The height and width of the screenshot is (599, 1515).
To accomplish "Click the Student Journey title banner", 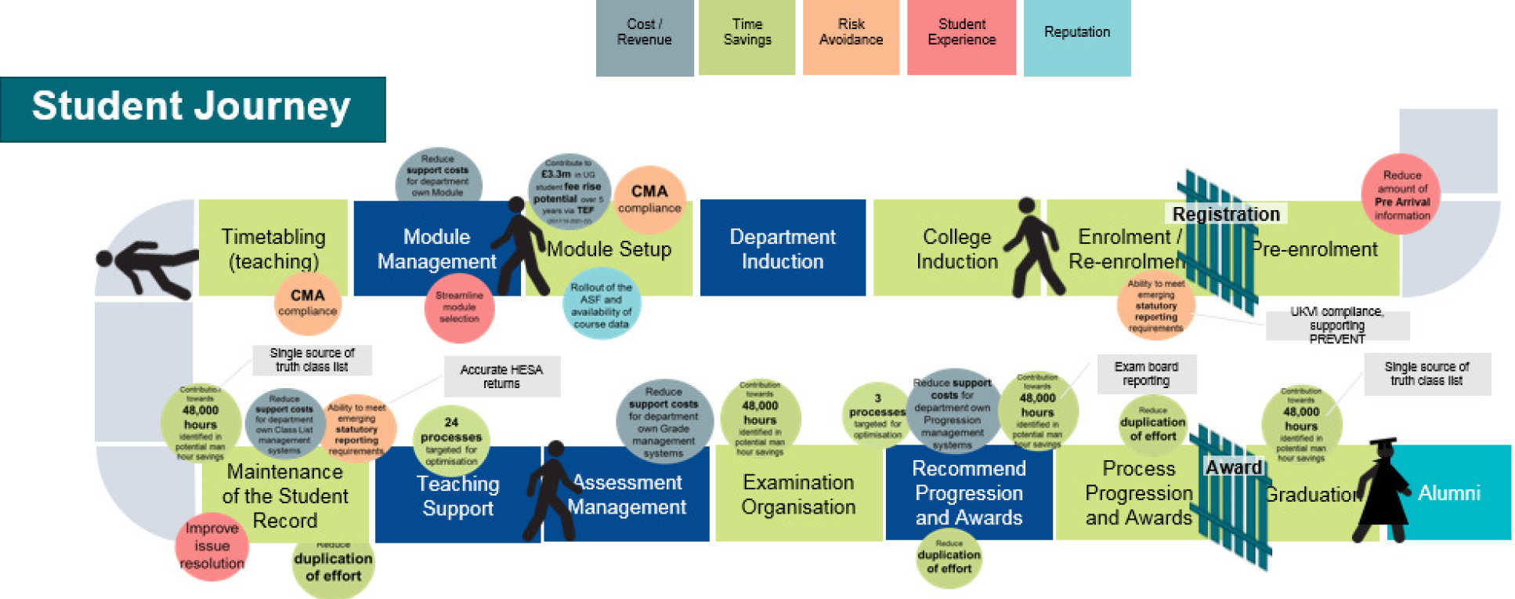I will tap(193, 109).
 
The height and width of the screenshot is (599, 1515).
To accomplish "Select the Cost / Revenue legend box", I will tap(644, 37).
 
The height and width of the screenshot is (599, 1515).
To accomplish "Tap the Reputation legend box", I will tap(1076, 37).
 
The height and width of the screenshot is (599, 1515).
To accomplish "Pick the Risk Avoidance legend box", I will tap(851, 37).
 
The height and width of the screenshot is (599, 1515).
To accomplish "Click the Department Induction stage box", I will tap(782, 249).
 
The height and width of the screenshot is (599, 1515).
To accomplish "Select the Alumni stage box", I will tap(1449, 492).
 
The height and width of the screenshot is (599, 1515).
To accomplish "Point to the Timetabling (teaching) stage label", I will tap(273, 248).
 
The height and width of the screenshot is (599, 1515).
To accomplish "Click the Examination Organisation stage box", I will tap(798, 494).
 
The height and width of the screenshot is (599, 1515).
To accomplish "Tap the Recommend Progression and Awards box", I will tap(968, 492).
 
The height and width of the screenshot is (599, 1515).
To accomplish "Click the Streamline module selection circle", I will tap(459, 307).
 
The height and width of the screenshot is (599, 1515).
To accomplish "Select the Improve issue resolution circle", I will tap(212, 546).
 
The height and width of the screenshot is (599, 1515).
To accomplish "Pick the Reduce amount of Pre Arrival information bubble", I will tap(1401, 194).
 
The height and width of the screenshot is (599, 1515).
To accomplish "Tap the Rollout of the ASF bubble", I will tap(601, 305).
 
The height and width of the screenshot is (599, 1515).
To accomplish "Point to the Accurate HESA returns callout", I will tap(501, 376).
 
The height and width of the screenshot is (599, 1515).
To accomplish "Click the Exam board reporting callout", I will tap(1145, 373).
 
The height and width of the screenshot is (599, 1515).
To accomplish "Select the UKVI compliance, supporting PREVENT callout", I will tap(1336, 325).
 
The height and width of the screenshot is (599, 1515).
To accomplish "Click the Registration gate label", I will tap(1225, 214).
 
